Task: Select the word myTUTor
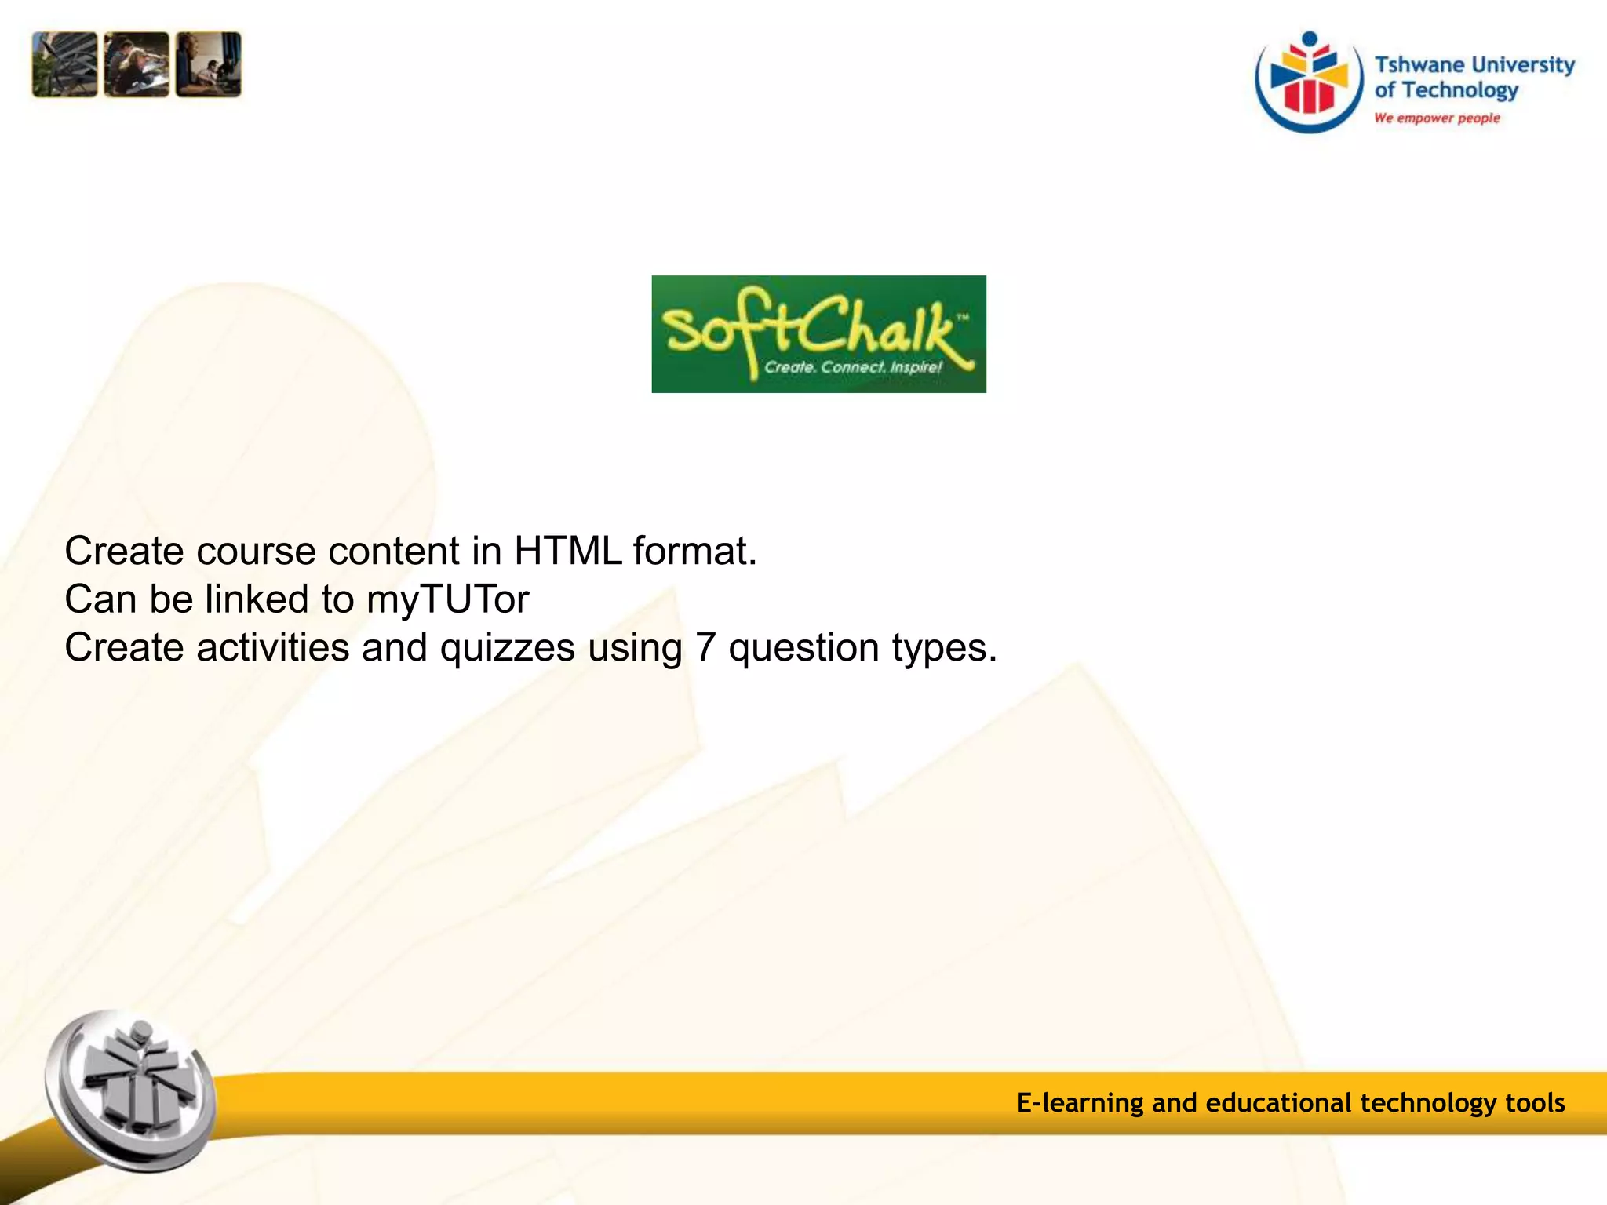click(x=448, y=600)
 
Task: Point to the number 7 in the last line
click(x=705, y=648)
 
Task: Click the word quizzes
click(x=507, y=649)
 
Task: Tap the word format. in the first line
click(x=695, y=551)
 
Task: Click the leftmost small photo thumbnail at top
click(x=65, y=64)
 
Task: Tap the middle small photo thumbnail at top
click(x=137, y=64)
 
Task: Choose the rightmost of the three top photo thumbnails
click(x=209, y=64)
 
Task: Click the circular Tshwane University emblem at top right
click(x=1309, y=82)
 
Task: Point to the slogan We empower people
click(x=1437, y=118)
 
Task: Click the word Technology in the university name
click(x=1460, y=91)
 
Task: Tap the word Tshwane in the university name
click(x=1419, y=64)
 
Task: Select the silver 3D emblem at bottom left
click(x=131, y=1090)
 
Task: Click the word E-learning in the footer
click(x=1080, y=1103)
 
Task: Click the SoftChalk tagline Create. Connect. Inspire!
click(x=853, y=366)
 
